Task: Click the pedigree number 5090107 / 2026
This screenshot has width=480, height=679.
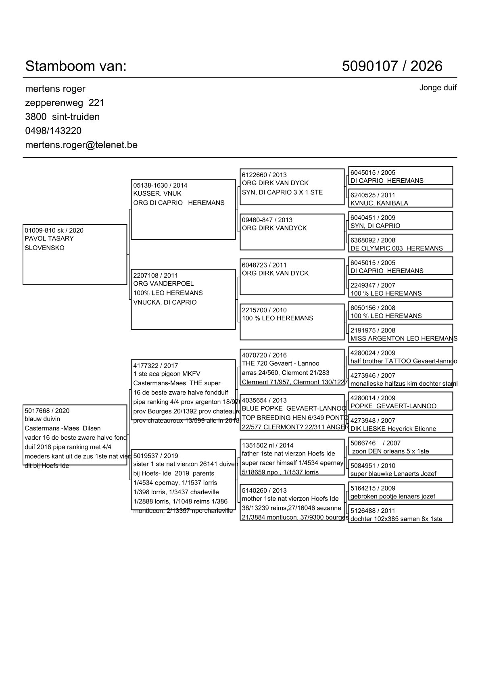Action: point(392,66)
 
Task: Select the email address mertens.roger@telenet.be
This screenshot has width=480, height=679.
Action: point(81,145)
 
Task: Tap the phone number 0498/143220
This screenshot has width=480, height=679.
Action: point(53,131)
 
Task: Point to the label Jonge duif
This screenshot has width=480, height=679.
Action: point(438,88)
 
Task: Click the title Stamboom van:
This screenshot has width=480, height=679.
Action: point(76,66)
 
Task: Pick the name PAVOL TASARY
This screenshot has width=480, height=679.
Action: point(49,238)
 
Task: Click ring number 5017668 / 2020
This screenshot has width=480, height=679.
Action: point(47,411)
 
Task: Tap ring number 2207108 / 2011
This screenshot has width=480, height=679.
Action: point(156,276)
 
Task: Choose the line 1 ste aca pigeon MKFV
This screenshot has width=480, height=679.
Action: point(167,374)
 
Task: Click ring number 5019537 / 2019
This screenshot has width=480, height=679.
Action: point(156,456)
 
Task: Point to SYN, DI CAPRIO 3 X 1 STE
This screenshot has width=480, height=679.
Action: point(282,192)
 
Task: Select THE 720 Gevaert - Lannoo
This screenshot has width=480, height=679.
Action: point(280,364)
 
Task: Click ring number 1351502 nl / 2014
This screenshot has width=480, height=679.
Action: point(268,445)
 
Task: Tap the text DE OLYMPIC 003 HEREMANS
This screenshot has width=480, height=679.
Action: point(397,249)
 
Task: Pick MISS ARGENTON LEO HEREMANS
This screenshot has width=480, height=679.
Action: point(404,338)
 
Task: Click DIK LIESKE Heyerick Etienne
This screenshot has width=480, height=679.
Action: point(393,429)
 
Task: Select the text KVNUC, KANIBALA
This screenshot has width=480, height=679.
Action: point(379,203)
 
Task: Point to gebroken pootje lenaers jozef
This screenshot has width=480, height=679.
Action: point(393,497)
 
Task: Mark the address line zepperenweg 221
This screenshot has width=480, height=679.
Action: point(65,103)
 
